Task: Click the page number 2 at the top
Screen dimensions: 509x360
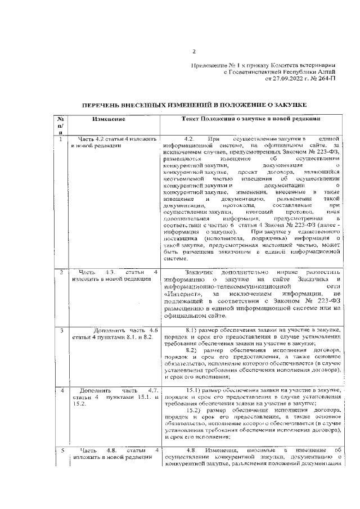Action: pyautogui.click(x=193, y=52)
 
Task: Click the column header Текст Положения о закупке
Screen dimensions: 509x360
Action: pyautogui.click(x=251, y=119)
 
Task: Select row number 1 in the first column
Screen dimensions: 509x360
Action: pyautogui.click(x=60, y=138)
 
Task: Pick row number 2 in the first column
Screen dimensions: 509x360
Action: pyautogui.click(x=60, y=272)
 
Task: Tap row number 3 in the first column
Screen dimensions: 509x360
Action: pyautogui.click(x=60, y=329)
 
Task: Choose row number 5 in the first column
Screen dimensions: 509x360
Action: pyautogui.click(x=60, y=450)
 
